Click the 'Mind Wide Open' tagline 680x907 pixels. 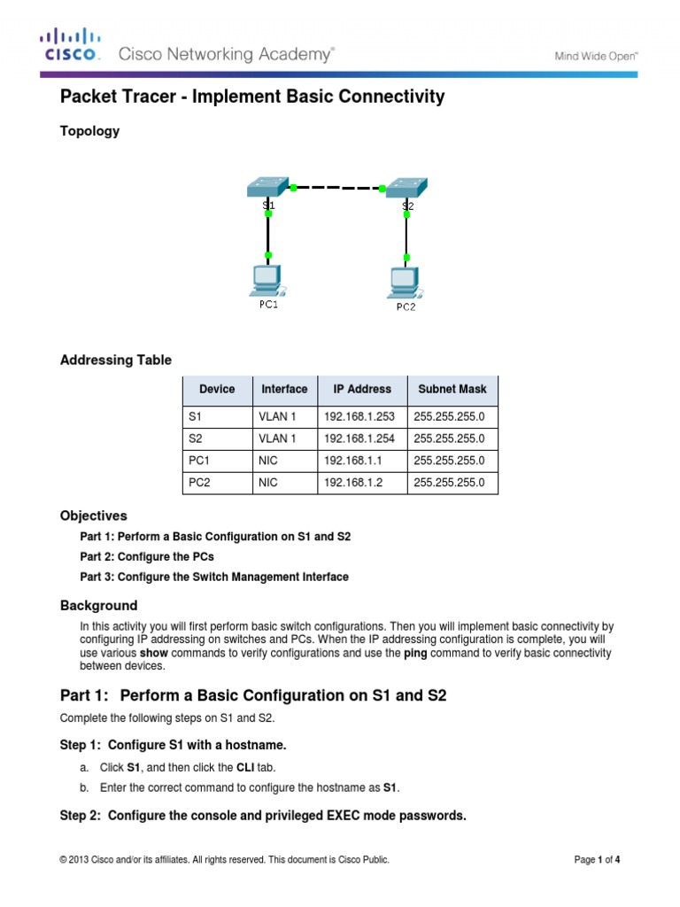click(597, 55)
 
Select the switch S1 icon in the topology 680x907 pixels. click(268, 187)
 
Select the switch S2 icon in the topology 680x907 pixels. click(406, 188)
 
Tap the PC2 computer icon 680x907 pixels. click(404, 283)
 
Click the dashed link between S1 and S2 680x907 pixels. click(336, 188)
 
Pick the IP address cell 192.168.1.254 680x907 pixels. click(361, 438)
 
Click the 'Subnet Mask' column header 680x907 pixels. click(452, 389)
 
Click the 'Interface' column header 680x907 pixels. click(284, 389)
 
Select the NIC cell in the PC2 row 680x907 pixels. click(268, 483)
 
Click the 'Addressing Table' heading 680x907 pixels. click(115, 360)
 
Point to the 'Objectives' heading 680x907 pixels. click(93, 516)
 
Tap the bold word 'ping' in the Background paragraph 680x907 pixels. click(414, 653)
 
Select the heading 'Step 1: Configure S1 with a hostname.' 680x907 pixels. click(173, 745)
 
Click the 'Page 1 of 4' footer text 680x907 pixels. click(602, 859)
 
